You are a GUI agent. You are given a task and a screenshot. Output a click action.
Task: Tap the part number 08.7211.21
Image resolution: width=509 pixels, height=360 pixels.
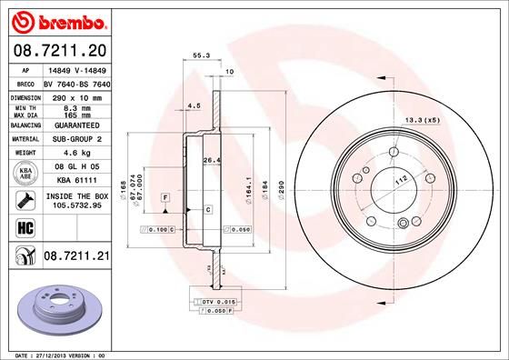[x=76, y=258]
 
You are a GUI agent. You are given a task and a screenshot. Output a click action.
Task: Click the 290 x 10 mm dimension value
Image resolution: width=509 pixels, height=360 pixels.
[x=75, y=95]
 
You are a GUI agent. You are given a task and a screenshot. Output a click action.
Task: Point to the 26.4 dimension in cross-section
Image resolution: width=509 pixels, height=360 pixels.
[x=211, y=161]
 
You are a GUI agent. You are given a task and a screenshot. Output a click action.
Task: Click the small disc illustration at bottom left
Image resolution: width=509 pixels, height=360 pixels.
[x=59, y=305]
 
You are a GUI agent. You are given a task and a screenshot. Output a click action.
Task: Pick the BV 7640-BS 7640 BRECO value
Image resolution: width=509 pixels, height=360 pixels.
[x=75, y=82]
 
